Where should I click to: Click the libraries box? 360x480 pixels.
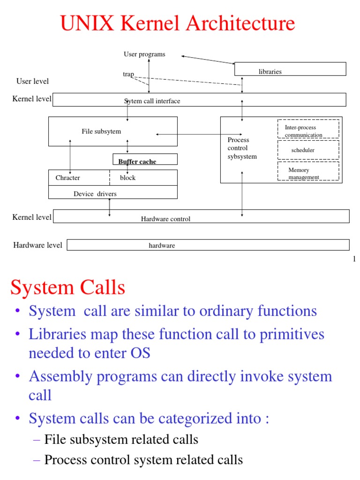290,69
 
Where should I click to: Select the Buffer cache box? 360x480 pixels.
145,159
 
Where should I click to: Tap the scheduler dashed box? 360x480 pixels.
308,150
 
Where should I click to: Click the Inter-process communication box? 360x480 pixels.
308,129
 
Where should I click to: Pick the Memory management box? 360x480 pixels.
308,171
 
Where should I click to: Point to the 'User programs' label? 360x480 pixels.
144,54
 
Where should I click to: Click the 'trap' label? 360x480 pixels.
128,75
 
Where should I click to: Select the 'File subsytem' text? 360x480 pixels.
101,132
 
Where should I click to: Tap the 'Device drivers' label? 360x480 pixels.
95,194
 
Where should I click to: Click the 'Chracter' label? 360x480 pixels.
67,178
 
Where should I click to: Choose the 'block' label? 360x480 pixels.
127,178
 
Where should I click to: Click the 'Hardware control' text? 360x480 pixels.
165,219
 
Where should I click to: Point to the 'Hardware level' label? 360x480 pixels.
37,245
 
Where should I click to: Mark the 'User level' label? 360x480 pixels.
32,82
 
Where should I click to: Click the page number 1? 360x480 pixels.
354,259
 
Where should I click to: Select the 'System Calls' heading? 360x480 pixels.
67,287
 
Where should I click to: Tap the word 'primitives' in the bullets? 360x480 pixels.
300,334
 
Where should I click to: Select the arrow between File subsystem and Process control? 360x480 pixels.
199,135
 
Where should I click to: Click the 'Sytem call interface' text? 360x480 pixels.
152,101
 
